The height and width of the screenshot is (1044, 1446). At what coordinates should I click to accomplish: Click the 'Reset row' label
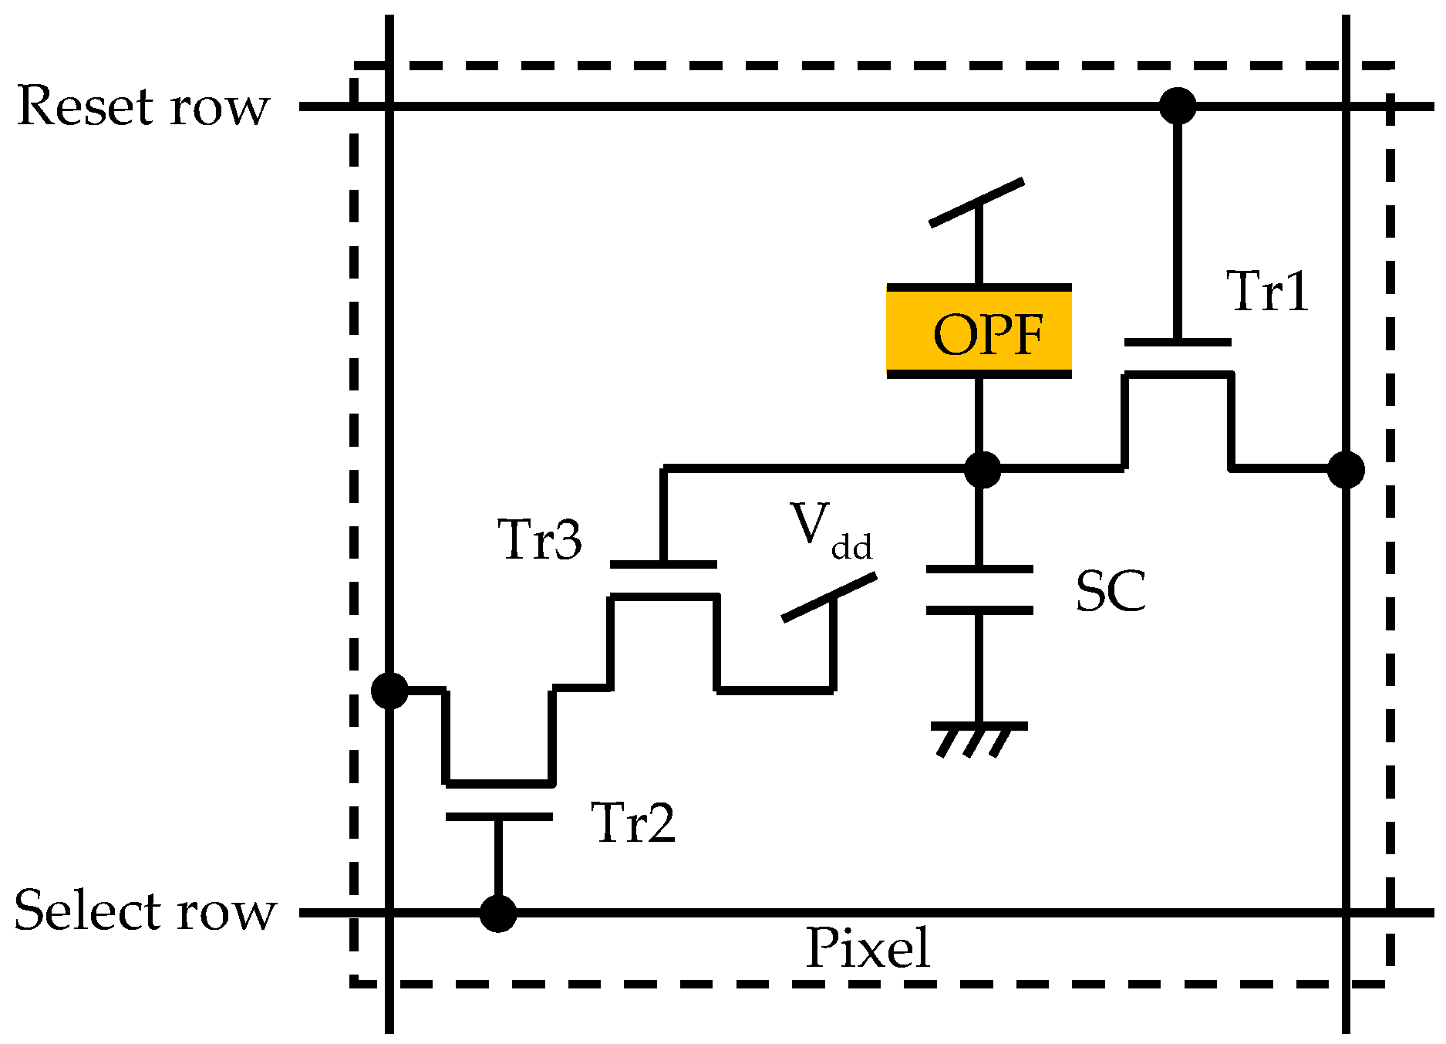(143, 106)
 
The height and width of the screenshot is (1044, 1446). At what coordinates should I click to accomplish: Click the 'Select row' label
(144, 911)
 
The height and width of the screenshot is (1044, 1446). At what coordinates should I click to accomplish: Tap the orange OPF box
(978, 332)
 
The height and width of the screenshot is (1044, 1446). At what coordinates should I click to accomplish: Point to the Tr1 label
(1267, 292)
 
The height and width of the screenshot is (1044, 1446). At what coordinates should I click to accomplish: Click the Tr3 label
(539, 539)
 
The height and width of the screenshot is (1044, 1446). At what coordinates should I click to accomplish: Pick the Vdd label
(830, 531)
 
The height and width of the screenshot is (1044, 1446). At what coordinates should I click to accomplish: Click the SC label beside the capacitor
(1110, 591)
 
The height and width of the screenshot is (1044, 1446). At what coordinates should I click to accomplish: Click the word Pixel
(868, 948)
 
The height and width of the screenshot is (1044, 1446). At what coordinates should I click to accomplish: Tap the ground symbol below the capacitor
(978, 737)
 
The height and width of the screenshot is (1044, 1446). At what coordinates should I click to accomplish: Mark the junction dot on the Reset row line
(1178, 106)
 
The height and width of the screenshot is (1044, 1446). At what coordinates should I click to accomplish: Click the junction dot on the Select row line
(498, 913)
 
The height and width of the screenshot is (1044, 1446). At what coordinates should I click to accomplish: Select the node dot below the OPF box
(983, 469)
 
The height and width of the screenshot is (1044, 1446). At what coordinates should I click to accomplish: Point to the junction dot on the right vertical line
(1346, 469)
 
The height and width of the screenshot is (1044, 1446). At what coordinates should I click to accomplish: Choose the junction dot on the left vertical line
(389, 690)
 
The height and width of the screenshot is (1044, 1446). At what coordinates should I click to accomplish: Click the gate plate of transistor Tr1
(1177, 341)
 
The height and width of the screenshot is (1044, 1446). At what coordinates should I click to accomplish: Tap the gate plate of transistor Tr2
(499, 816)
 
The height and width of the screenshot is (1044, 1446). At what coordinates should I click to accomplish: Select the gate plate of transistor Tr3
(663, 564)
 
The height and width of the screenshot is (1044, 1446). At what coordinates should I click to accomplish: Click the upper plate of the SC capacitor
(979, 569)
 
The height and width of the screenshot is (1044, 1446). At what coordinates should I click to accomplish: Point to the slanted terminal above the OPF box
(976, 203)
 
